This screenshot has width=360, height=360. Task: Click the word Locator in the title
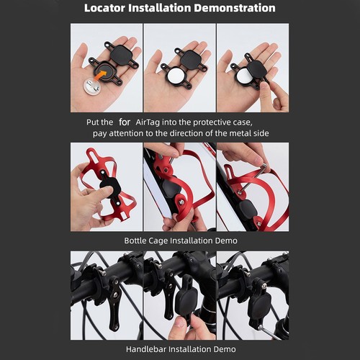click(104, 8)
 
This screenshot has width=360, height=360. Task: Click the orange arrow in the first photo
click(100, 75)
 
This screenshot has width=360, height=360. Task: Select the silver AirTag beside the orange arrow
click(91, 87)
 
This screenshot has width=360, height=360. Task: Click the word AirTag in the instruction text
click(148, 122)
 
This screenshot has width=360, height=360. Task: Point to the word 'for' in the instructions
click(125, 122)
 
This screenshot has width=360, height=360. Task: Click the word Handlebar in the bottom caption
click(146, 349)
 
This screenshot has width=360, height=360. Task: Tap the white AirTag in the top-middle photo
click(176, 76)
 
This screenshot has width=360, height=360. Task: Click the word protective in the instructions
click(212, 122)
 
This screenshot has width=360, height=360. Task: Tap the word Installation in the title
click(159, 8)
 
